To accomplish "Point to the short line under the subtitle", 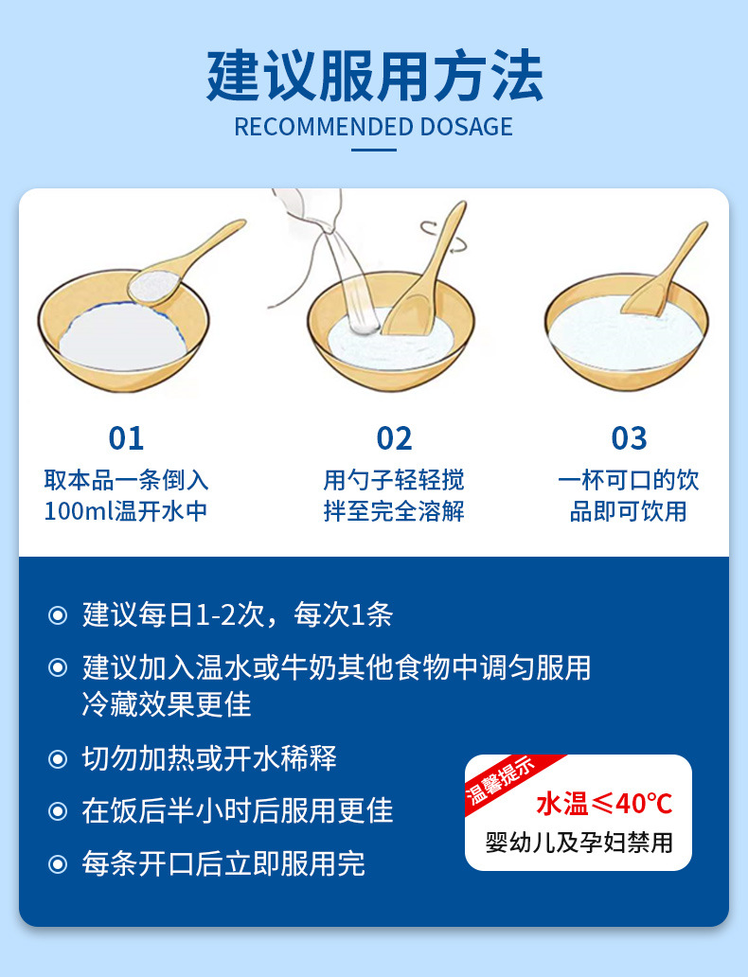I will coord(374,149).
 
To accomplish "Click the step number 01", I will coord(126,438).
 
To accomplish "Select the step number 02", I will coord(394,438).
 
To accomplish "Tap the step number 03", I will coord(629,438).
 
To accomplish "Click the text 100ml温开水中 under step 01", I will coord(126,512).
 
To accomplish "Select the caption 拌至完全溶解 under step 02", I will coord(394,512).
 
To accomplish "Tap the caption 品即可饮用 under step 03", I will coord(629,512).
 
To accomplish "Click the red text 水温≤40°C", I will coord(604,805).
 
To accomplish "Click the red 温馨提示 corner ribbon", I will coord(502,781).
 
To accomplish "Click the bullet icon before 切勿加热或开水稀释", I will coord(59,759).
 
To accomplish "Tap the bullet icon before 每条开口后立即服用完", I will coord(59,864).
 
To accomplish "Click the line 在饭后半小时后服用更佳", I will coord(237,811).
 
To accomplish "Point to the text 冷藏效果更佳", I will coord(167,704).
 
